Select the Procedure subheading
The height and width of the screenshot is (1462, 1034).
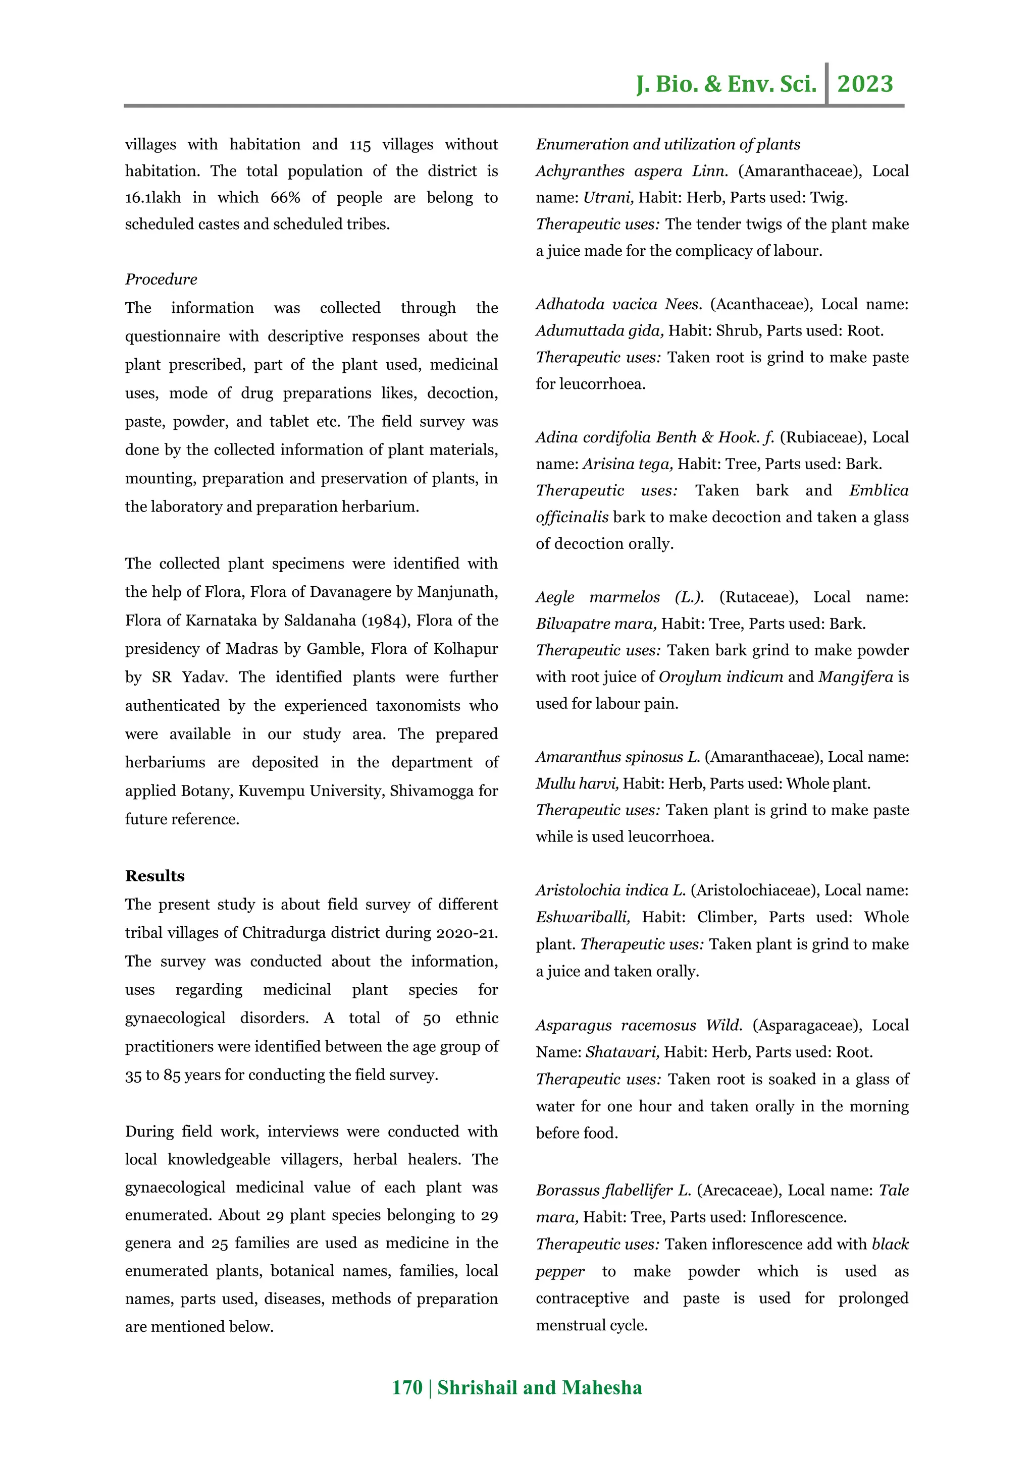(161, 279)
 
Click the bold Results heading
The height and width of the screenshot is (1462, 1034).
(155, 876)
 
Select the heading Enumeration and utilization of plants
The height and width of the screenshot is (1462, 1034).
(667, 145)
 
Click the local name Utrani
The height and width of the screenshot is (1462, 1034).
(608, 198)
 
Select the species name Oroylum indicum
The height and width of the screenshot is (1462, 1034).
(720, 677)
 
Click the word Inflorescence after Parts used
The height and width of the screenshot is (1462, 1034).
(798, 1217)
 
